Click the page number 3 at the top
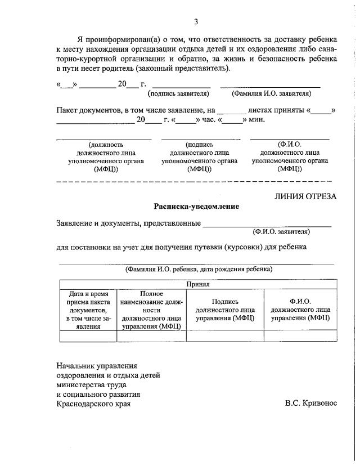pyautogui.click(x=196, y=22)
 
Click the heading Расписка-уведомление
pyautogui.click(x=196, y=207)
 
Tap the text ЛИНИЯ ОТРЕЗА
pyautogui.click(x=305, y=196)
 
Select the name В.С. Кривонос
pyautogui.click(x=311, y=404)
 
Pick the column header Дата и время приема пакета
pyautogui.click(x=88, y=310)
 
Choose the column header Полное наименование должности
pyautogui.click(x=151, y=310)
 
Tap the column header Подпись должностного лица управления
pyautogui.click(x=225, y=310)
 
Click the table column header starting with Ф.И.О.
pyautogui.click(x=300, y=310)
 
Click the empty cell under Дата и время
pyautogui.click(x=88, y=336)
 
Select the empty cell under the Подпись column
pyautogui.click(x=225, y=336)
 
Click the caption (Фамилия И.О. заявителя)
pyautogui.click(x=271, y=93)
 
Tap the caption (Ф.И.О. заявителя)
pyautogui.click(x=281, y=231)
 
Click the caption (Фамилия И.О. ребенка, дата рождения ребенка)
pyautogui.click(x=199, y=269)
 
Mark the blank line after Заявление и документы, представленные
pyautogui.click(x=267, y=224)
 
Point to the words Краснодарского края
pyautogui.click(x=96, y=404)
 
